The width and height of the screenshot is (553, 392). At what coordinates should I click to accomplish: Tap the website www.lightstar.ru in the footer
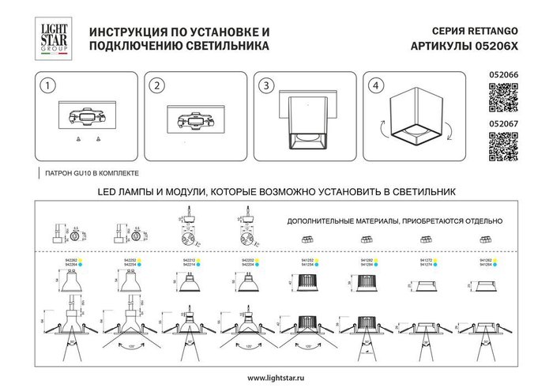click(x=276, y=378)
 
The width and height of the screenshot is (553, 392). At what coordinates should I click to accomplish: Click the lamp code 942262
click(x=67, y=259)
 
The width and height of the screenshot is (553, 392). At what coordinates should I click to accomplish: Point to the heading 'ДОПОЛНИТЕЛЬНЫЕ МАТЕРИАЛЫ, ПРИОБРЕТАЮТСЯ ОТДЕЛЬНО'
click(x=394, y=222)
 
